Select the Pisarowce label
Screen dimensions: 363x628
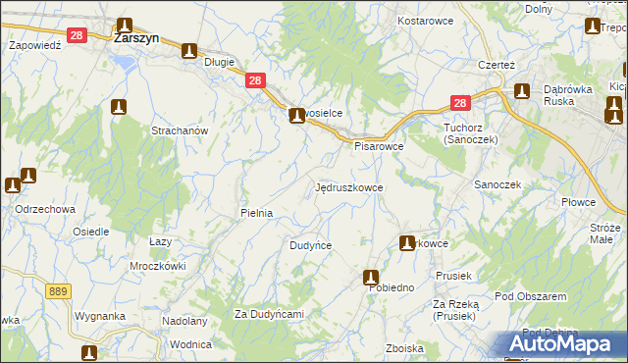[x=379, y=146]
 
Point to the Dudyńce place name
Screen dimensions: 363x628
[x=310, y=245]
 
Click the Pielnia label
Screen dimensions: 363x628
[x=256, y=212]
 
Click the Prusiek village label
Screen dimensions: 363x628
[x=454, y=275]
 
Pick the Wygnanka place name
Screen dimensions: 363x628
[x=101, y=317]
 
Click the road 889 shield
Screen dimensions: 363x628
[x=58, y=291]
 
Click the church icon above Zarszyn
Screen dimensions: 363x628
[x=125, y=26]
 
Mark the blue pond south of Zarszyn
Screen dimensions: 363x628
[x=125, y=62]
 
